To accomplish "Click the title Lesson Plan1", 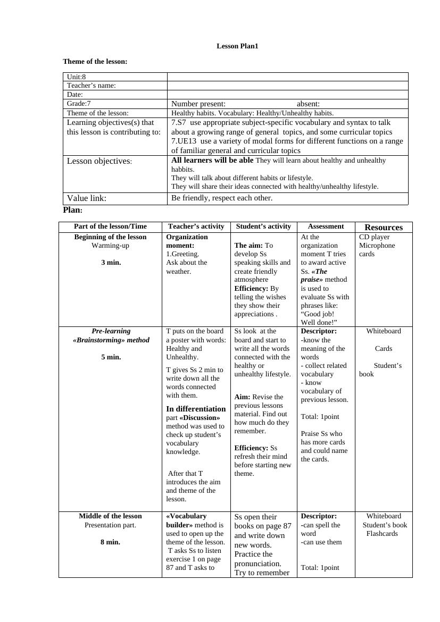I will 237,46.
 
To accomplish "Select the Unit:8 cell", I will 77,77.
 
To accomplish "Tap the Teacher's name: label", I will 92,86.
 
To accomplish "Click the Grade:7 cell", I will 79,104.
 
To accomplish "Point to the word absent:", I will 308,104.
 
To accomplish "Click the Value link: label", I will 87,198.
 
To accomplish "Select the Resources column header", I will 384,228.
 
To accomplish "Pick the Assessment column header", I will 326,226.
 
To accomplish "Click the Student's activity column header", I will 263,226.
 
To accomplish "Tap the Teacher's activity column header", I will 196,226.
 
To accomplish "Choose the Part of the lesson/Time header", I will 110,226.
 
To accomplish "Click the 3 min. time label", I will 111,263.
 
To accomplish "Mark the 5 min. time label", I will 111,357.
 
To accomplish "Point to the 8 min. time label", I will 110,542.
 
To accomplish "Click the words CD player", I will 374,237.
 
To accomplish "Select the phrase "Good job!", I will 318,314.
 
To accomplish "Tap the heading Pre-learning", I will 111,331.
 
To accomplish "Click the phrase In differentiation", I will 196,409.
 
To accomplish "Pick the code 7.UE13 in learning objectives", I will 184,141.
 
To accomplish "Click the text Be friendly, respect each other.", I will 222,198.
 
